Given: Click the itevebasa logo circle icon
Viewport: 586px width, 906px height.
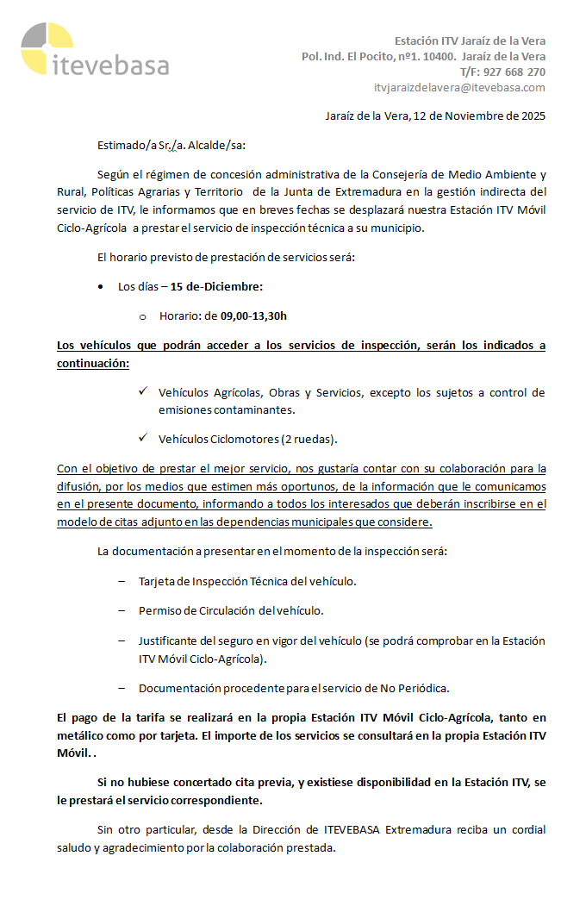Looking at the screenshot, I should click(x=47, y=48).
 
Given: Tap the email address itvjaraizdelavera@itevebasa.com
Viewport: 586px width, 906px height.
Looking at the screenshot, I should click(x=459, y=87).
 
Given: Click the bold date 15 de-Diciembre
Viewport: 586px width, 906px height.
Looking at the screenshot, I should click(x=216, y=286).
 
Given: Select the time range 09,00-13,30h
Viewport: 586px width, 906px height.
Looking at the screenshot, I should click(x=253, y=316).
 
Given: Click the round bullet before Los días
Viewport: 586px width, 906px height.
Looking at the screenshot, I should click(x=102, y=287).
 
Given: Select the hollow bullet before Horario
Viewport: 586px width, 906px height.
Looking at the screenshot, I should click(x=142, y=316).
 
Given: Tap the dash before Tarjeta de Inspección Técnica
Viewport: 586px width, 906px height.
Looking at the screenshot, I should click(x=122, y=581).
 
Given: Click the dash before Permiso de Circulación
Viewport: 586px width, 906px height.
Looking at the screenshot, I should click(x=122, y=610).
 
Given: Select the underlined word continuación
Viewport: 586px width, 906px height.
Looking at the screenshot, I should click(x=92, y=363).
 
